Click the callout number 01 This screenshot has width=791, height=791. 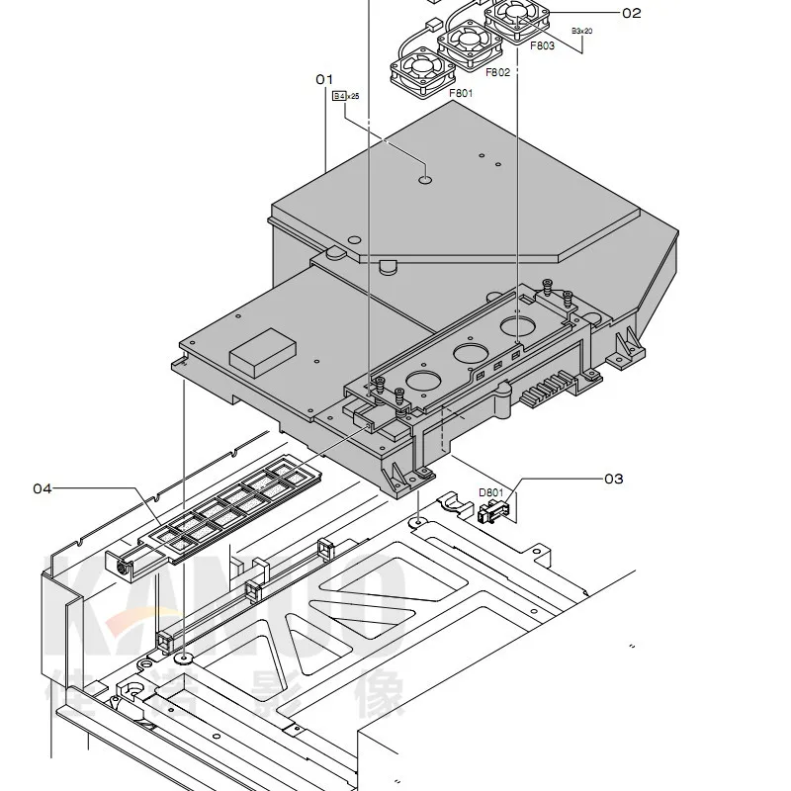pos(325,78)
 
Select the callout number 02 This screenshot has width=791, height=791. pos(631,13)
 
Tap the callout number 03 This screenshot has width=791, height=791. pos(613,479)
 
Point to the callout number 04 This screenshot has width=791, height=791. pos(42,487)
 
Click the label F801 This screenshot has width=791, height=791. pos(461,94)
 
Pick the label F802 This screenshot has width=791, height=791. pos(497,72)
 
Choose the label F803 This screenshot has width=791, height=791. pos(542,45)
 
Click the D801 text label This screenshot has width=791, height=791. pos(490,492)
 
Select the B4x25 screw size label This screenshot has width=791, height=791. pos(346,96)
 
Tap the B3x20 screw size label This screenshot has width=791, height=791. pos(581,32)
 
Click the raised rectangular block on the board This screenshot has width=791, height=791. pos(262,352)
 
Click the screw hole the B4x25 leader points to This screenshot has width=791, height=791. pos(425,180)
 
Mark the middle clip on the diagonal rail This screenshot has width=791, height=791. pos(256,590)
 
